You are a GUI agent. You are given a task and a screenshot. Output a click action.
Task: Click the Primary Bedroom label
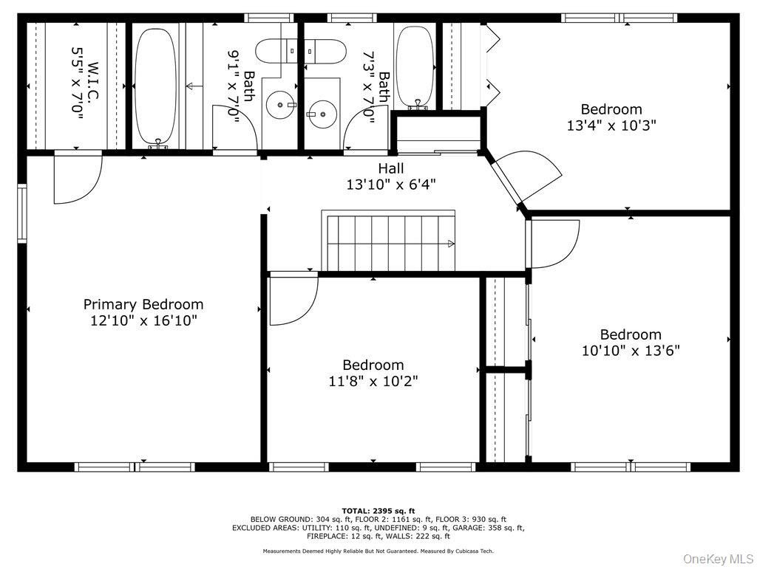143,304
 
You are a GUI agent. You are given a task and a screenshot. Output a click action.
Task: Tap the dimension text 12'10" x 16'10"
143,321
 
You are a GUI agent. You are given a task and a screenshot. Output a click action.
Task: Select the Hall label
391,168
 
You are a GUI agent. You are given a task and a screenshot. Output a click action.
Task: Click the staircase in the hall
389,241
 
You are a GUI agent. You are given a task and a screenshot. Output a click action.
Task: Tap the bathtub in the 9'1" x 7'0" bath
156,86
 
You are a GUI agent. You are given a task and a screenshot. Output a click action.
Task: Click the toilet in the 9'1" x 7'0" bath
280,51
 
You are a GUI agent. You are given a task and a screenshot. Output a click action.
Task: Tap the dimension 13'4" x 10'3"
611,126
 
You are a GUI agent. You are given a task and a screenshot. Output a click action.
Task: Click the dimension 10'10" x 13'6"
631,351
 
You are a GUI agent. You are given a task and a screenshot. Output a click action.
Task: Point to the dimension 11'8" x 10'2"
373,382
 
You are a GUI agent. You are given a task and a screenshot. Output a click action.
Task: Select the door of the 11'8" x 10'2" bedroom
292,299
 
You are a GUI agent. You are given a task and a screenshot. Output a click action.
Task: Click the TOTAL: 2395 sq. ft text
378,511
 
